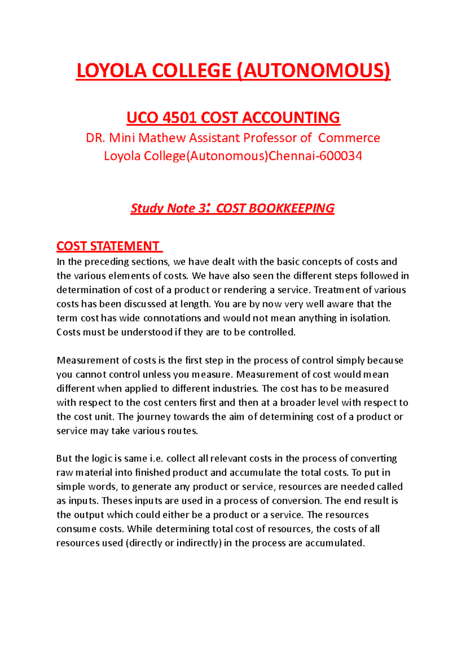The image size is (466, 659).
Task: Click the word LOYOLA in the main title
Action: [111, 71]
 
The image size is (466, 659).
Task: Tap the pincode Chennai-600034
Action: [316, 156]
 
